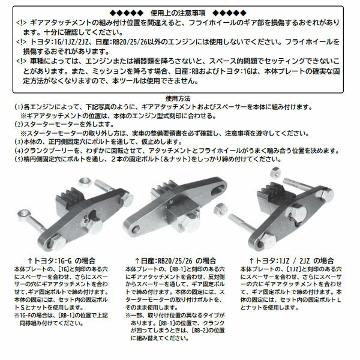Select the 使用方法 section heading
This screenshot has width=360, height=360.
180,98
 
